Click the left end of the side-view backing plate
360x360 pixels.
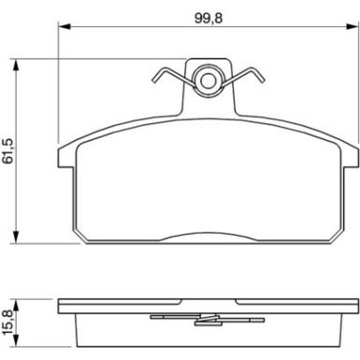click(60, 307)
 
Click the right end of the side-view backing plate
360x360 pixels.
click(356, 307)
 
